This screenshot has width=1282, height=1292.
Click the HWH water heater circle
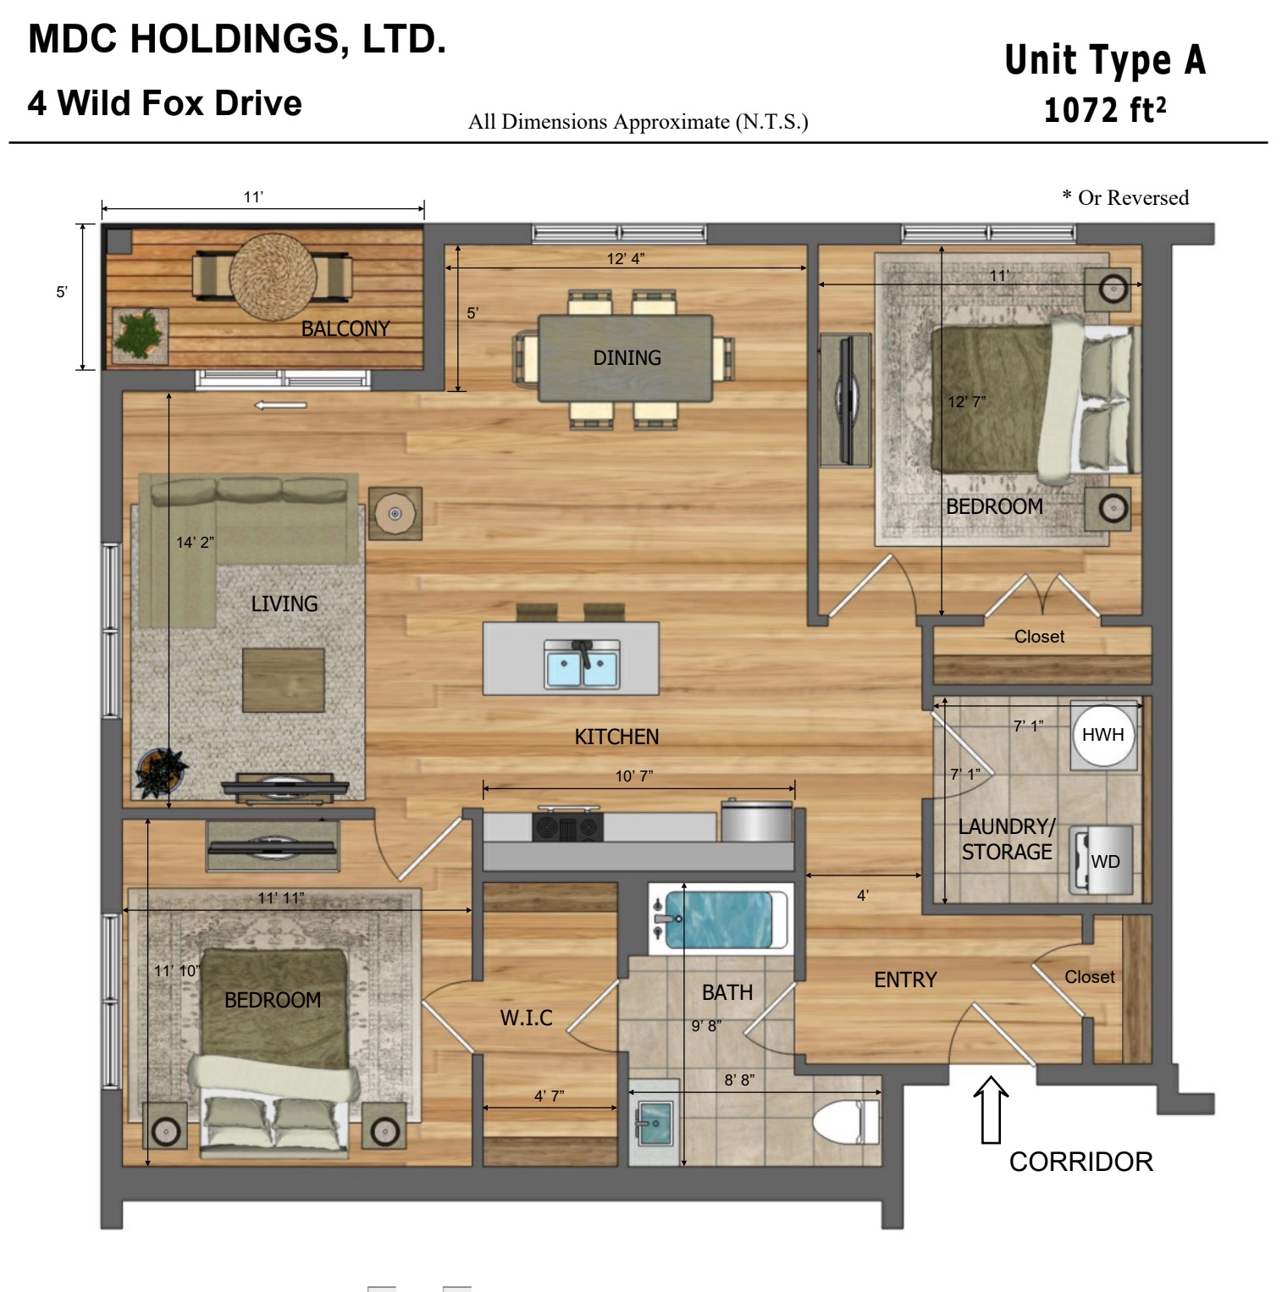pyautogui.click(x=1102, y=735)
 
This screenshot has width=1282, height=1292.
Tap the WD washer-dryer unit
pyautogui.click(x=1102, y=860)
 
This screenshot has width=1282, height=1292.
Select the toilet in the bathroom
pyautogui.click(x=847, y=1122)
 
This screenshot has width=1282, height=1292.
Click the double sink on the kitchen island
pyautogui.click(x=582, y=663)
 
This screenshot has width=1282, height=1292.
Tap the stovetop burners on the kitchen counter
pyautogui.click(x=567, y=825)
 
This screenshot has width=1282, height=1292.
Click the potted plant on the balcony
pyautogui.click(x=139, y=334)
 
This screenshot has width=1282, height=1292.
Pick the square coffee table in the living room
pyautogui.click(x=284, y=680)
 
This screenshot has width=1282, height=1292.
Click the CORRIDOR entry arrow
pyautogui.click(x=991, y=1109)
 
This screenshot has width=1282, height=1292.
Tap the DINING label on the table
pyautogui.click(x=627, y=358)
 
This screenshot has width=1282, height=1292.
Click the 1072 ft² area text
pyautogui.click(x=1105, y=110)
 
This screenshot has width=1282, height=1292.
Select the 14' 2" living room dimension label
pyautogui.click(x=195, y=542)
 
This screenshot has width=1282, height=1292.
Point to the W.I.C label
pyautogui.click(x=526, y=1018)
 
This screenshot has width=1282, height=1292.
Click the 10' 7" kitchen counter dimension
pyautogui.click(x=634, y=776)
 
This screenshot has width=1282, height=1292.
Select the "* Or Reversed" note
pyautogui.click(x=1125, y=197)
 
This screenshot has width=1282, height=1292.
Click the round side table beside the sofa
pyautogui.click(x=395, y=513)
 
